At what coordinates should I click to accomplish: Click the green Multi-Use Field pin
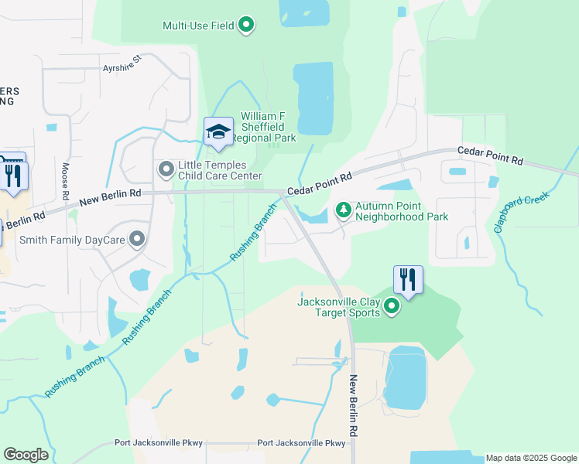[246, 26]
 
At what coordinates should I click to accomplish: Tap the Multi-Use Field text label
[198, 26]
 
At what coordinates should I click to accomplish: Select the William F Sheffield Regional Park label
[268, 127]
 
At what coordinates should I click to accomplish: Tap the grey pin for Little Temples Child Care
[166, 169]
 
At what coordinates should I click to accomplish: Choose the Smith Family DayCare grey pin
[137, 239]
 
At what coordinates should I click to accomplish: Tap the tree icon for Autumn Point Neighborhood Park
[343, 210]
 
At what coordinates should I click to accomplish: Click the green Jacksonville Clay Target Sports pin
[392, 307]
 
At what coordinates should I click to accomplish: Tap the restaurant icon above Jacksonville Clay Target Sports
[408, 280]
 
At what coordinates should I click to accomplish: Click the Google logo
[26, 455]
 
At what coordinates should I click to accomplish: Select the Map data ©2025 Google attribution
[531, 458]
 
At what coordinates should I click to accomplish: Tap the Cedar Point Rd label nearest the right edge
[489, 155]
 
